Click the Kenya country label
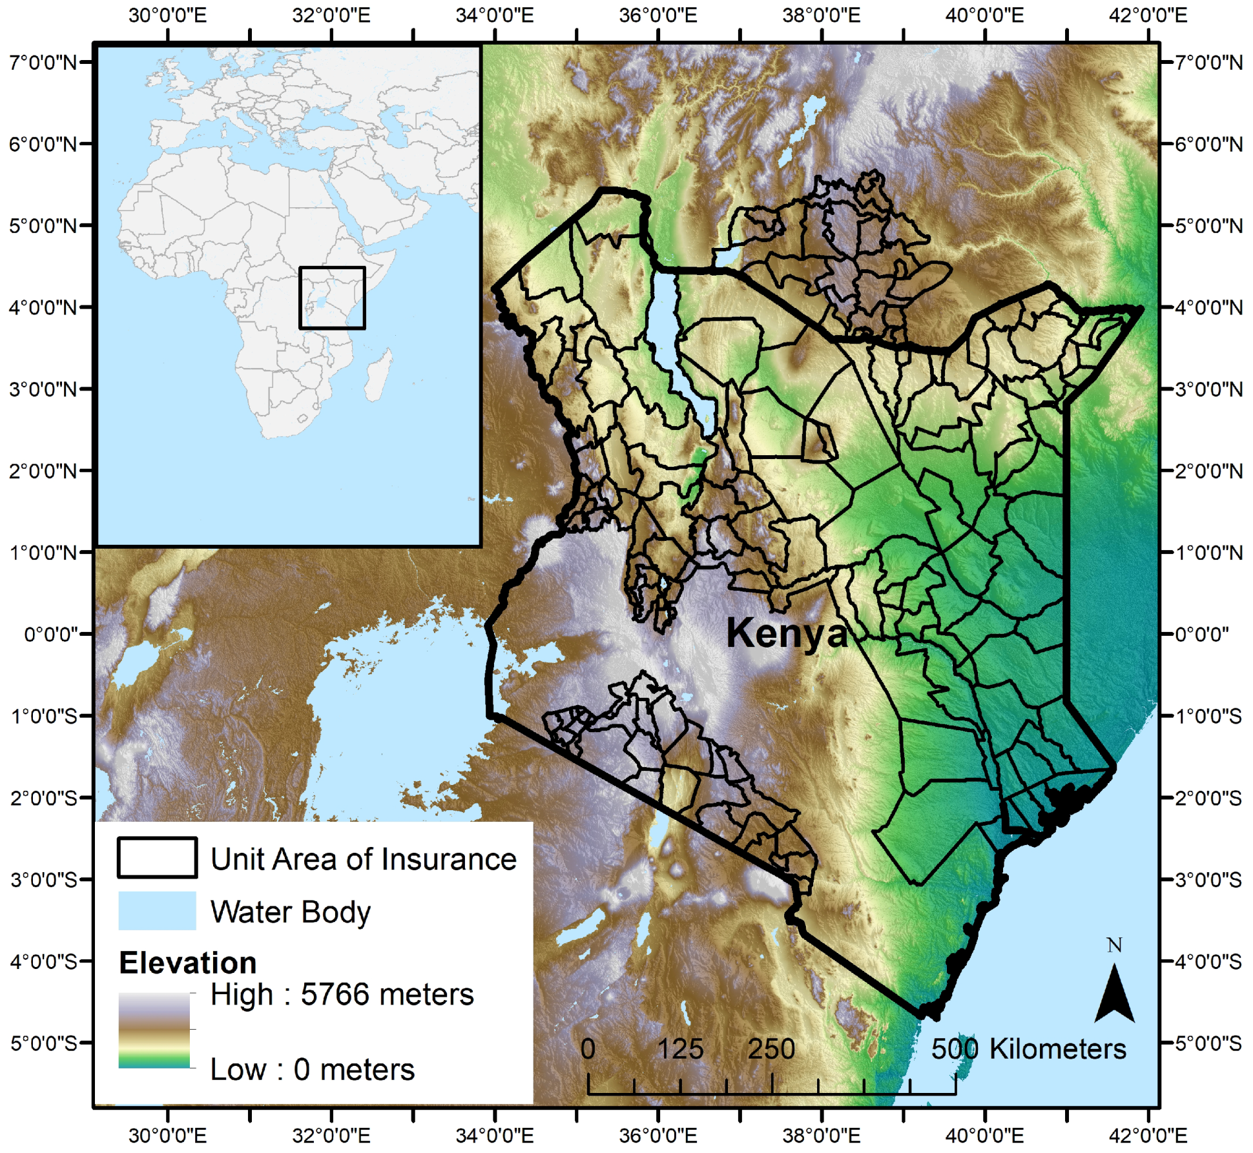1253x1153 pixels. (x=786, y=633)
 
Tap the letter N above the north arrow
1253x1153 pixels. (x=1114, y=946)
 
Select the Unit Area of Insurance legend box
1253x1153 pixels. (x=157, y=858)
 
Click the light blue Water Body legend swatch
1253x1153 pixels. (x=157, y=911)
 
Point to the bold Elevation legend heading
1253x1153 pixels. (x=188, y=963)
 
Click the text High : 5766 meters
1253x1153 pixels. (x=342, y=995)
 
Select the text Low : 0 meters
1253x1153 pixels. (x=312, y=1070)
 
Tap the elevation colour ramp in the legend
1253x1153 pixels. (x=154, y=1030)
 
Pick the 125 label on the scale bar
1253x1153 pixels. (x=679, y=1049)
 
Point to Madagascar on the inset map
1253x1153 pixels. (x=378, y=376)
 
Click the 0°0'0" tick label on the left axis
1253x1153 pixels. (x=50, y=635)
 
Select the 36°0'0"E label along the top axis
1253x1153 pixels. (x=658, y=15)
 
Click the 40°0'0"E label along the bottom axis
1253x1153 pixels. (x=984, y=1136)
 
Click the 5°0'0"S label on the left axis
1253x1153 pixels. (x=43, y=1043)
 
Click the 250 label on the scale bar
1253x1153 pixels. (x=771, y=1049)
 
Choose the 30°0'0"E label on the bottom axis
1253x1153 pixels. (x=167, y=1136)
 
